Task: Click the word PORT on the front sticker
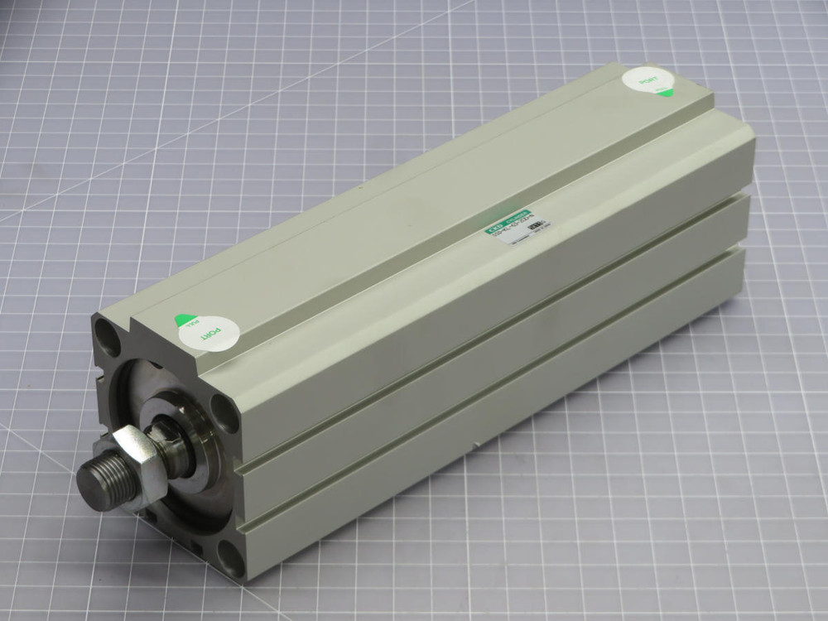[214, 334]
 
